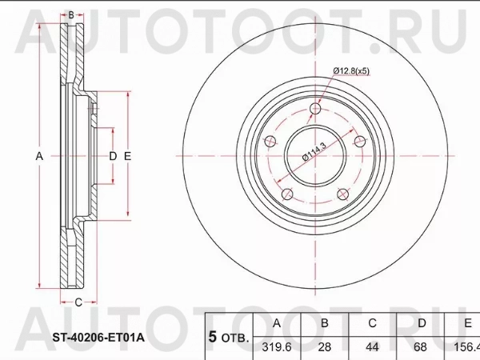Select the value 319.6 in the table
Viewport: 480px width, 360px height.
[x=277, y=348]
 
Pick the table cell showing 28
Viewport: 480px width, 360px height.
[x=325, y=348]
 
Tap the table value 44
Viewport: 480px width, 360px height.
[x=373, y=348]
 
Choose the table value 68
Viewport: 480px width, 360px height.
[x=421, y=348]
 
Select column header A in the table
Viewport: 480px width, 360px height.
[x=277, y=324]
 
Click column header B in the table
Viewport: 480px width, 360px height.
[x=325, y=324]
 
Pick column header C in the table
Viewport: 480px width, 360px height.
[x=373, y=324]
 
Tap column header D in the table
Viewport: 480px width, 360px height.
[x=421, y=324]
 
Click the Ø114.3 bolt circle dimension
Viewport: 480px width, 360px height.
[x=316, y=151]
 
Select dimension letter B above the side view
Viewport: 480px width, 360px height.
[x=70, y=15]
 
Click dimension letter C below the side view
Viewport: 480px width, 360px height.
[x=78, y=302]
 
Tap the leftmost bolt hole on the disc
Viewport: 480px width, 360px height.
[x=272, y=142]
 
